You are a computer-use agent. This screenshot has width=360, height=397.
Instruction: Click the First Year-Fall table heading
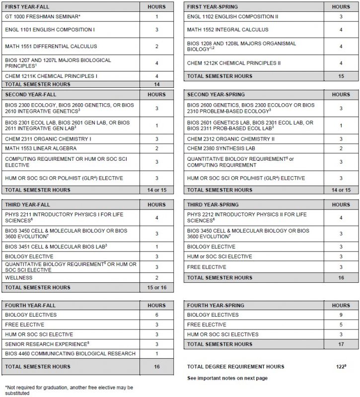[27, 7]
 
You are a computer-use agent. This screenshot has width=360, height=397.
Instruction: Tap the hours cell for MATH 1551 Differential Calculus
[157, 46]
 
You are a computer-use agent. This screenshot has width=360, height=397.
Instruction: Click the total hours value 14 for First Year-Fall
[157, 84]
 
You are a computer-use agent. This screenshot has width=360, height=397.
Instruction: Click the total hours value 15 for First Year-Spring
[341, 76]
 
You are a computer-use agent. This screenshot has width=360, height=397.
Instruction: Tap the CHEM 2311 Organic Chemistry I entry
[48, 139]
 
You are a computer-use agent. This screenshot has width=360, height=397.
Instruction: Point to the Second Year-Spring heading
[215, 95]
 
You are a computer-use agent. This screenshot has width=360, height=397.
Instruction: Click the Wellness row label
[18, 277]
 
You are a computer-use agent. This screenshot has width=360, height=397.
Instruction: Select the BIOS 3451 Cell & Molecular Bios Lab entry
[56, 246]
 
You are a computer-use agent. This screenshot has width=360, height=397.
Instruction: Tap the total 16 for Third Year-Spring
[341, 277]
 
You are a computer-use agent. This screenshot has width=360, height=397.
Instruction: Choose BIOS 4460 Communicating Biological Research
[70, 353]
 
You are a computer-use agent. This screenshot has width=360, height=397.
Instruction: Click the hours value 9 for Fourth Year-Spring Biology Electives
[341, 315]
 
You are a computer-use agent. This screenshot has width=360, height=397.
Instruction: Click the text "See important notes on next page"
[227, 378]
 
